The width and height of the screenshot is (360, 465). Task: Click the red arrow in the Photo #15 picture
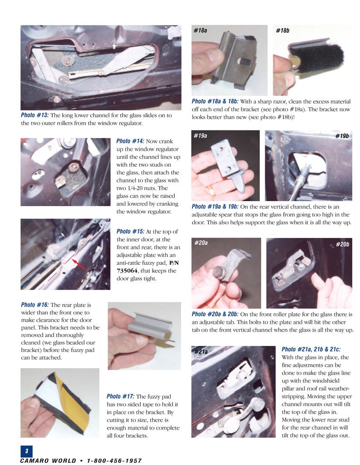79,265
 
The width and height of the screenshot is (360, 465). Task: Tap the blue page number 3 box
26,451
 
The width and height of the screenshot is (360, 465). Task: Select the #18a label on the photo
201,30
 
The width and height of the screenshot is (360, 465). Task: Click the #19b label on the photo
342,136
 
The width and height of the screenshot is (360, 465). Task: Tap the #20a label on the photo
201,243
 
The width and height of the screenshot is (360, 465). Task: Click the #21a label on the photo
201,352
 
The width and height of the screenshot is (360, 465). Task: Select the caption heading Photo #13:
35,115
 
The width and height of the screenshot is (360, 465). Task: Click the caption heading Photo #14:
130,141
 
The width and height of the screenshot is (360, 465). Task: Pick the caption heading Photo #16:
35,305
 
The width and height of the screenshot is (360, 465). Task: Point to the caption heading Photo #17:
121,396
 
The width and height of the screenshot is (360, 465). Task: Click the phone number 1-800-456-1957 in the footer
114,460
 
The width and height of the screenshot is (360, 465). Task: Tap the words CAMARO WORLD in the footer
48,460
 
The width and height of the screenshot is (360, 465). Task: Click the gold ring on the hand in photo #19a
211,190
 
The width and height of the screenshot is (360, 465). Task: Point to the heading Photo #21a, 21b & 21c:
311,349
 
